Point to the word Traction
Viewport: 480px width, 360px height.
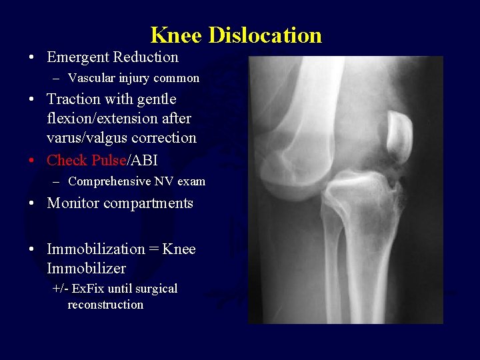pos(73,99)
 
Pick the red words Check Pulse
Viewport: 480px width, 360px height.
pos(87,160)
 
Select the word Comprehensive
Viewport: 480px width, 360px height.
pos(109,181)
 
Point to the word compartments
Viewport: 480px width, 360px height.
pos(150,203)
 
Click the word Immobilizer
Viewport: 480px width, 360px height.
pos(86,268)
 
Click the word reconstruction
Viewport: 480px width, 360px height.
pos(105,305)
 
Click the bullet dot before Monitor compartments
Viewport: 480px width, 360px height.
pos(32,204)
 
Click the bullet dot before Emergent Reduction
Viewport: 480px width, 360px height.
pos(32,58)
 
